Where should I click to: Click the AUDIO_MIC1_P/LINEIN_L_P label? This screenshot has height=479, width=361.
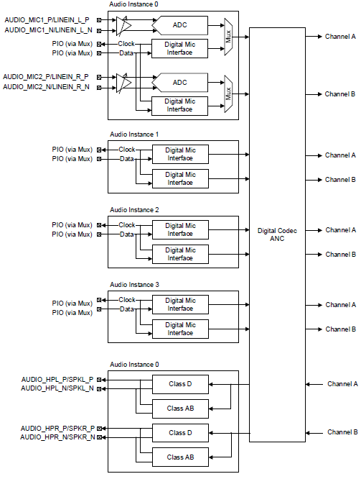(x=47, y=20)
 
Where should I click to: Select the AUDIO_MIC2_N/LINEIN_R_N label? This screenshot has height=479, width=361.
(x=46, y=87)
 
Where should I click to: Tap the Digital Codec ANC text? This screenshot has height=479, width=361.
(x=277, y=234)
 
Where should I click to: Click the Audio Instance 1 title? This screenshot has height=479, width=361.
(x=134, y=134)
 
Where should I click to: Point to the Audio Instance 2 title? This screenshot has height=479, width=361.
(x=134, y=210)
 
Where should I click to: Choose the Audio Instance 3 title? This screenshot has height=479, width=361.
(x=134, y=285)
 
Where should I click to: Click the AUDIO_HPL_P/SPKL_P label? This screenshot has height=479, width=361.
(x=57, y=380)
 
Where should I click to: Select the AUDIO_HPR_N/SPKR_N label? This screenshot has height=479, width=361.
(x=57, y=437)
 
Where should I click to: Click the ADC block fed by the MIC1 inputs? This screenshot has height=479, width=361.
(x=180, y=25)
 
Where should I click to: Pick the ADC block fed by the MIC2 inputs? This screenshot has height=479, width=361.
(x=180, y=83)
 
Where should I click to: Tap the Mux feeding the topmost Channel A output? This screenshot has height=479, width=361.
(x=228, y=37)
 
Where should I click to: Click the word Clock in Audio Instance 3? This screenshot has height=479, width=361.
(x=127, y=300)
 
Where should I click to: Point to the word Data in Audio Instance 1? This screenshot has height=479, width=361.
(x=127, y=159)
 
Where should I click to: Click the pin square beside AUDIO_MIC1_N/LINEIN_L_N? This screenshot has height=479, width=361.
(x=99, y=30)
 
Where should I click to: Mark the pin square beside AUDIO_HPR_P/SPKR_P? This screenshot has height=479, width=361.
(x=99, y=428)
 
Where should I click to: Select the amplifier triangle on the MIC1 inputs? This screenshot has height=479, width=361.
(x=123, y=25)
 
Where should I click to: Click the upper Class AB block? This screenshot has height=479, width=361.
(x=180, y=409)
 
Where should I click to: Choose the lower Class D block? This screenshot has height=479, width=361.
(x=180, y=432)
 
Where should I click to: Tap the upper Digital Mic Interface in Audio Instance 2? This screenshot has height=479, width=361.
(x=180, y=229)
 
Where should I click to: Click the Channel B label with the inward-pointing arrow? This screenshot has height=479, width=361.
(x=342, y=432)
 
